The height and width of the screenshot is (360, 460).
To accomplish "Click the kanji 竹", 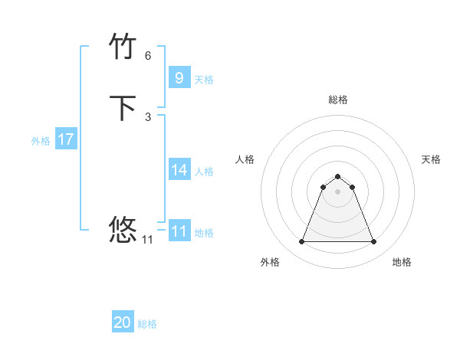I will tap(123, 47).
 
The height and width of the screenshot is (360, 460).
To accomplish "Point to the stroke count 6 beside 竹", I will tap(148, 55).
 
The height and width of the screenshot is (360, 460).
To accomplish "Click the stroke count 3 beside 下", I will tap(148, 116).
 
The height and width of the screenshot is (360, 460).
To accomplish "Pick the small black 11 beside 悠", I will tap(148, 239).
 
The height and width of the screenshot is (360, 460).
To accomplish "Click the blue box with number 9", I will tap(179, 77).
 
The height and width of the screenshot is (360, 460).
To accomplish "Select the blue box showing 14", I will tap(179, 170).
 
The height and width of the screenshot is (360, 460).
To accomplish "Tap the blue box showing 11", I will tap(179, 231).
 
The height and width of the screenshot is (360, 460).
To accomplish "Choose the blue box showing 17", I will tap(65, 139).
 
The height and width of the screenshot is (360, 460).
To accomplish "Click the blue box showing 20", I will tap(122, 322).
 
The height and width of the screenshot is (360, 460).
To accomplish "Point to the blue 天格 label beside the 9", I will tap(204, 79).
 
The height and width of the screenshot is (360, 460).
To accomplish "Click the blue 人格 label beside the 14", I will tap(204, 172).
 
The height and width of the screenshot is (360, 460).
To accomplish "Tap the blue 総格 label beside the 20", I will tap(147, 324).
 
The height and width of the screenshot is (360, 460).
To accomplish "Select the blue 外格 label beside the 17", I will tap(41, 141).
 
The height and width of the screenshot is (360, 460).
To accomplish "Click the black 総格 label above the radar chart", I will tap(337, 100).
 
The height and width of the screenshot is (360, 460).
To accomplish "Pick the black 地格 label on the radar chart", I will tap(402, 262).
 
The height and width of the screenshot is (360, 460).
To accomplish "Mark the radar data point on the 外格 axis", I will tap(301, 242).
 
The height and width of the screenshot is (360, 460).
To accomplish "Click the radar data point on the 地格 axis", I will tap(373, 242).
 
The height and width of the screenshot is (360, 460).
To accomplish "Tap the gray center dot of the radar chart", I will tap(337, 191).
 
